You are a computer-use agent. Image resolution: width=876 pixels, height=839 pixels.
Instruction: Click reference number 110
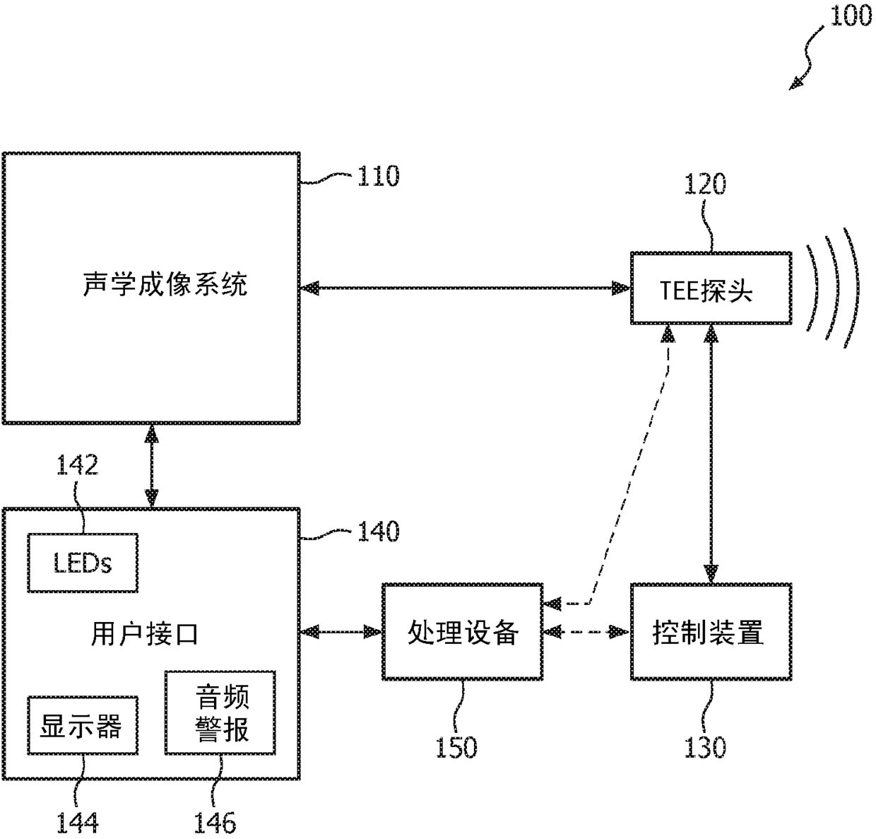click(378, 176)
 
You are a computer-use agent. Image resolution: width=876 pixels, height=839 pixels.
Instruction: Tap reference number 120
click(705, 184)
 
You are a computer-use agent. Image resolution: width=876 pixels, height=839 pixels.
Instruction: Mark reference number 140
click(378, 532)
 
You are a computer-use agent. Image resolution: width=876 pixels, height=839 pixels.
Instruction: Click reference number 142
click(77, 465)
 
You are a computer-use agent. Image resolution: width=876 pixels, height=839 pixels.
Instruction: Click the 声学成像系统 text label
click(165, 284)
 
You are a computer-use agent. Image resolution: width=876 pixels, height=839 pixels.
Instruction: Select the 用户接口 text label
click(145, 634)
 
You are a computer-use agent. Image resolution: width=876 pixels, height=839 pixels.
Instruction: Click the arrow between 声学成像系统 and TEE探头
click(465, 288)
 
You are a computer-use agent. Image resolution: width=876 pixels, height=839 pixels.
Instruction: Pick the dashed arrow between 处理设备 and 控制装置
click(586, 633)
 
